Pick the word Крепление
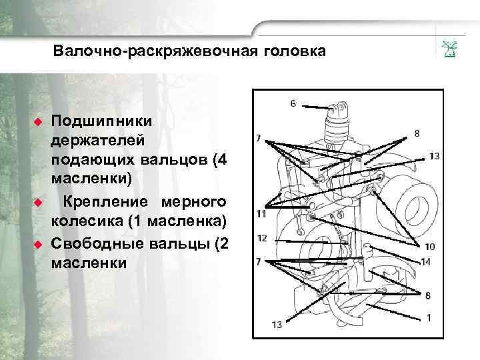coord(103,201)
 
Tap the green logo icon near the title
coord(447,49)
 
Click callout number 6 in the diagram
coord(293,103)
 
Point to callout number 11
coord(261,214)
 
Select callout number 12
coord(261,238)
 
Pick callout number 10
coord(429,246)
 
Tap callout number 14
coord(425,261)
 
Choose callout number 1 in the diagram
coord(429,317)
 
